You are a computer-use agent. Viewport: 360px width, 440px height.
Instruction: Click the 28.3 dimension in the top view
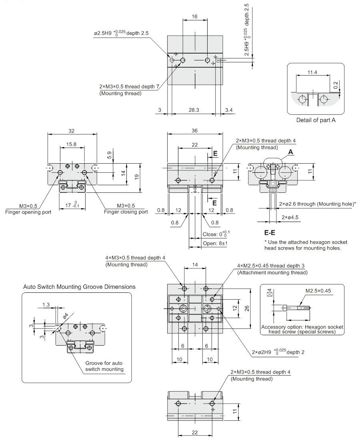[x=194, y=110]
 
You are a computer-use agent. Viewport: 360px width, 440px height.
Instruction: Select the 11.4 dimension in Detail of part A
[x=312, y=72]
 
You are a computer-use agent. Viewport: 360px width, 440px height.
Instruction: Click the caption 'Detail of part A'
[x=316, y=120]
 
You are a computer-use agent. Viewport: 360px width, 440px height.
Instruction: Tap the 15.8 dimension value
[x=72, y=144]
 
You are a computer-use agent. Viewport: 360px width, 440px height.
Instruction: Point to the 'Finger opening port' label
[x=28, y=212]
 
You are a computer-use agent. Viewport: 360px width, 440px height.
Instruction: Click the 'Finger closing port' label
[x=126, y=212]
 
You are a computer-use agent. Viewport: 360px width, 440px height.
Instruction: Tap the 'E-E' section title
[x=270, y=232]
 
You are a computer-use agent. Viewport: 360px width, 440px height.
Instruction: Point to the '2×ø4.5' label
[x=290, y=217]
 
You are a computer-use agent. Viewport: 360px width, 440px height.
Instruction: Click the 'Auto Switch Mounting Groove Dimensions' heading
[x=79, y=287]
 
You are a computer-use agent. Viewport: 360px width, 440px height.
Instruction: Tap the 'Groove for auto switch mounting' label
[x=104, y=366]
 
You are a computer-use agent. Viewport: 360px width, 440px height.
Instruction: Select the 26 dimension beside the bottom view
[x=247, y=308]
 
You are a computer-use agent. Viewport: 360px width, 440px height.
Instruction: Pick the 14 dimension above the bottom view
[x=195, y=265]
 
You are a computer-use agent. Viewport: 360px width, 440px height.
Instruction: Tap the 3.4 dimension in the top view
[x=229, y=110]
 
